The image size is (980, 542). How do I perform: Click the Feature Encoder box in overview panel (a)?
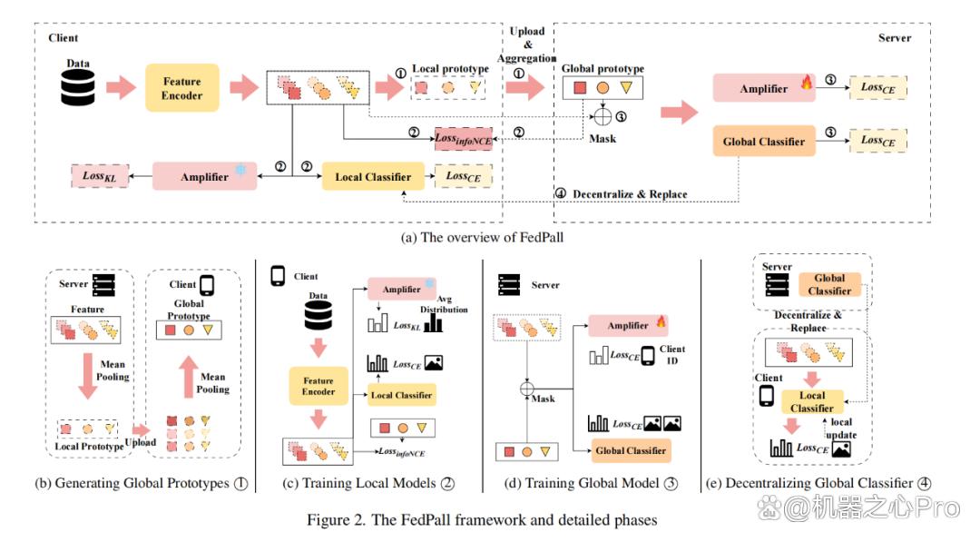[x=181, y=88]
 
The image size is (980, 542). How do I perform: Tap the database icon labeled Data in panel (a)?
[x=78, y=87]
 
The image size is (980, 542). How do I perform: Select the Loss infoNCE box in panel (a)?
[x=464, y=139]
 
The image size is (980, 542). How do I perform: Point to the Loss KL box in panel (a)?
[x=100, y=176]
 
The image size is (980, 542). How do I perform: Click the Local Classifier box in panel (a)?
[x=373, y=177]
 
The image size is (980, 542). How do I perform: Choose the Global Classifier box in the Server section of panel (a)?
[x=764, y=142]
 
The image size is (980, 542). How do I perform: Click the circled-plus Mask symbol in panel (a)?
[x=602, y=117]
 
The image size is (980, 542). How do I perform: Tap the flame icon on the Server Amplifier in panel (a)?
[x=807, y=82]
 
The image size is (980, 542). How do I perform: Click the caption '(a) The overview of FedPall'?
[x=482, y=238]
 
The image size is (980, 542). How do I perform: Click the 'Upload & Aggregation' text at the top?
[x=527, y=44]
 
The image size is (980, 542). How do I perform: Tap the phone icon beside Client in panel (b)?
[x=207, y=285]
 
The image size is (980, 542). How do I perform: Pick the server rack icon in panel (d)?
[x=509, y=285]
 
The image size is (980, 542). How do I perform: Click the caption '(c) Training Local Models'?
[x=360, y=483]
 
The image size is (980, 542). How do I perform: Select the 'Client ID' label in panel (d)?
[x=671, y=354]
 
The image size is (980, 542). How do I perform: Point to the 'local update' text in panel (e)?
[x=841, y=429]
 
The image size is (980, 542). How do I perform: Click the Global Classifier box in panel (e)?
[x=829, y=284]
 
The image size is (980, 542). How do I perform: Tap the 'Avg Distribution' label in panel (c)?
[x=444, y=304]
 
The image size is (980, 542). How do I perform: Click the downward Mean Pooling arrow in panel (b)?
[x=87, y=377]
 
